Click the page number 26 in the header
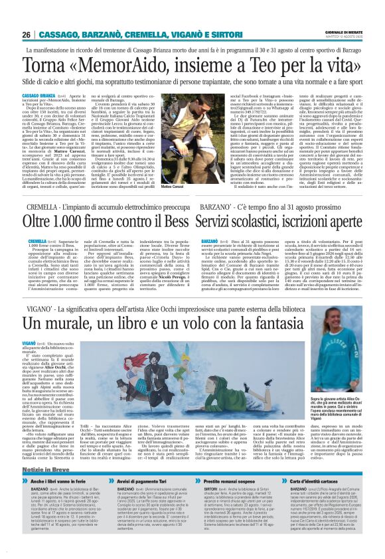[x=27, y=35]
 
